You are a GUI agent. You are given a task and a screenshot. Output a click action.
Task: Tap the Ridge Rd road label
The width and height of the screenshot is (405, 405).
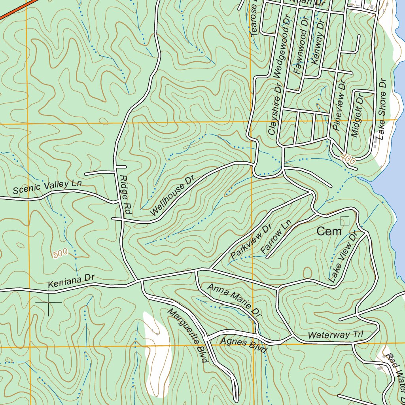pos(125,195)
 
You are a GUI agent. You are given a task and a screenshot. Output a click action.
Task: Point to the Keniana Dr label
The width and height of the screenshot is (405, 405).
pos(71,281)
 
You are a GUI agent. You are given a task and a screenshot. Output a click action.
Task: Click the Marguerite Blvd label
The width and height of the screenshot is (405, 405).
pos(187,335)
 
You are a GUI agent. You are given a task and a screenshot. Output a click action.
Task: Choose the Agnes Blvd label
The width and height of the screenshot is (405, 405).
pos(244,345)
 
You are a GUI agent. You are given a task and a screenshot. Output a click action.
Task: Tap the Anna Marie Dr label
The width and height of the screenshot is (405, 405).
pos(234,301)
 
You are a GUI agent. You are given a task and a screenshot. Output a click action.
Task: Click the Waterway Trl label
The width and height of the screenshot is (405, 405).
pos(335,335)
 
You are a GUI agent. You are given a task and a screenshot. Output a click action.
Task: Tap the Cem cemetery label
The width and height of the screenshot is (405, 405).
pos(329,232)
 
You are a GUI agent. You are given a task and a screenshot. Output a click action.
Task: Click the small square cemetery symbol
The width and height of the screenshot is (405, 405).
pos(345,221)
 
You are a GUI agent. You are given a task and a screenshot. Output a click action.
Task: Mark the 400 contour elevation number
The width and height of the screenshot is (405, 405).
pos(347,159)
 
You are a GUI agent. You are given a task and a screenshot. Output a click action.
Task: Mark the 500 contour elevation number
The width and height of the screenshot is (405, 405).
pos(60,254)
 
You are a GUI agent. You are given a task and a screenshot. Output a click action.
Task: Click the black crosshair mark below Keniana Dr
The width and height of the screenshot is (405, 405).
pos(48,303)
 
